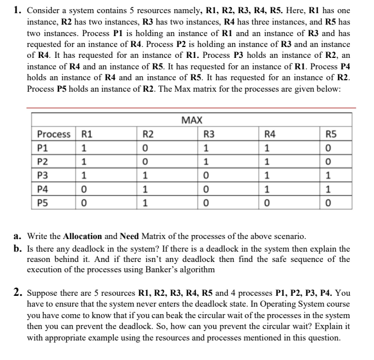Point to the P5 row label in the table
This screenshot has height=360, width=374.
(x=43, y=202)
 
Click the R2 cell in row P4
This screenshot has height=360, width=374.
(x=145, y=189)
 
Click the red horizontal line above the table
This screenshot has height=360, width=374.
(x=191, y=107)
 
